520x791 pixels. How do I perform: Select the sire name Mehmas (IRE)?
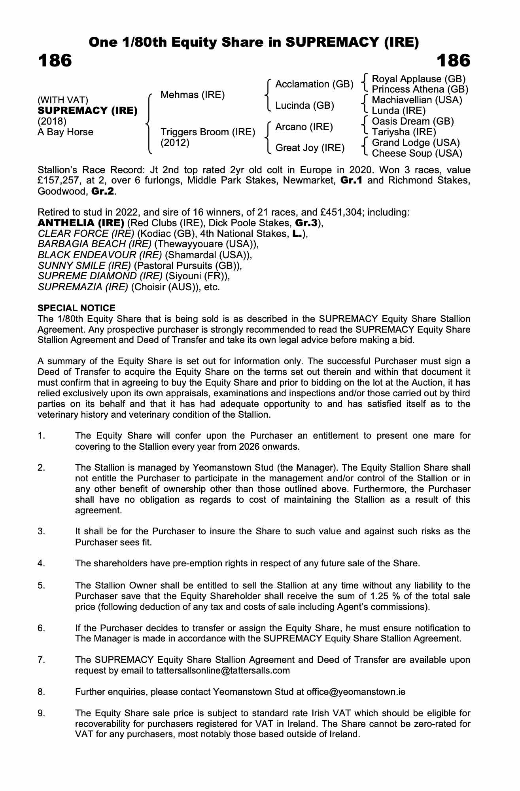[x=193, y=95]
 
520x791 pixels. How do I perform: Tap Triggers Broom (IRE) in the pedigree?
[x=208, y=132]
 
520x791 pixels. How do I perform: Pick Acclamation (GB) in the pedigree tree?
[x=314, y=84]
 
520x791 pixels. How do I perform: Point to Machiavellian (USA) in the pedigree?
[x=417, y=100]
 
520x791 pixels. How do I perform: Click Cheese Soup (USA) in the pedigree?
[x=417, y=153]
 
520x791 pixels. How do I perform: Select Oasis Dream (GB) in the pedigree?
[x=413, y=121]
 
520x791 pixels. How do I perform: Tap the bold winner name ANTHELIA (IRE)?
[x=81, y=223]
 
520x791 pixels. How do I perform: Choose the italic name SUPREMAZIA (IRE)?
[x=83, y=287]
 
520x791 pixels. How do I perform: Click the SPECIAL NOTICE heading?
[x=77, y=308]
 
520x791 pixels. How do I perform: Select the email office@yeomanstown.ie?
[x=356, y=692]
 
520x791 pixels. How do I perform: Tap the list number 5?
[x=42, y=585]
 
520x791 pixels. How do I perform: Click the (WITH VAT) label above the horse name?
[x=63, y=100]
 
